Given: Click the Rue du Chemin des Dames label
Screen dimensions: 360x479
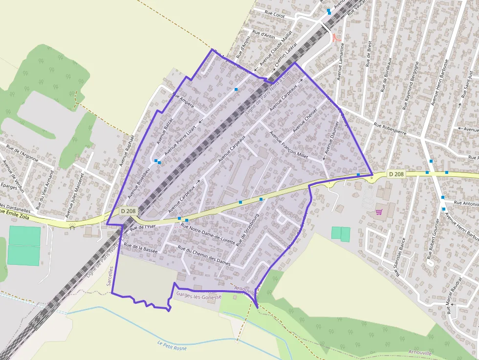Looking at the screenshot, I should (204, 255).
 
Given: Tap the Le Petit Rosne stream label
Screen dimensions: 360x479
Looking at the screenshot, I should (172, 345).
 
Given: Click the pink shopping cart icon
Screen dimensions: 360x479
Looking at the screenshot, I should (378, 212).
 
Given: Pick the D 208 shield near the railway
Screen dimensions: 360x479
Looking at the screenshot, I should (129, 211).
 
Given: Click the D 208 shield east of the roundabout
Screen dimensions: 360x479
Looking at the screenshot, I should (396, 174).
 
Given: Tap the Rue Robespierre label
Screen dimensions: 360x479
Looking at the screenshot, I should (391, 128).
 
